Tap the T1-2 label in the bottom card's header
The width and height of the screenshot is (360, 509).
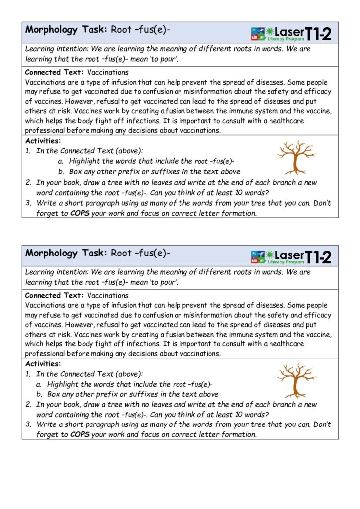click(318, 257)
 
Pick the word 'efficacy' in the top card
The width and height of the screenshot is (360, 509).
click(317, 92)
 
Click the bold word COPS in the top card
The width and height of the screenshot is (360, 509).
click(80, 213)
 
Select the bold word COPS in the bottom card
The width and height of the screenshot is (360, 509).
click(80, 434)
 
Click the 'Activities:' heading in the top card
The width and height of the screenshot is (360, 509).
click(43, 141)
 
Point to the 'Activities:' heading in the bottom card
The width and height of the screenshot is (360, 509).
click(43, 364)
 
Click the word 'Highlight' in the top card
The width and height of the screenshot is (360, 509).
click(85, 161)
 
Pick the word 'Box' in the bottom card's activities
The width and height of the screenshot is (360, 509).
click(54, 394)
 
